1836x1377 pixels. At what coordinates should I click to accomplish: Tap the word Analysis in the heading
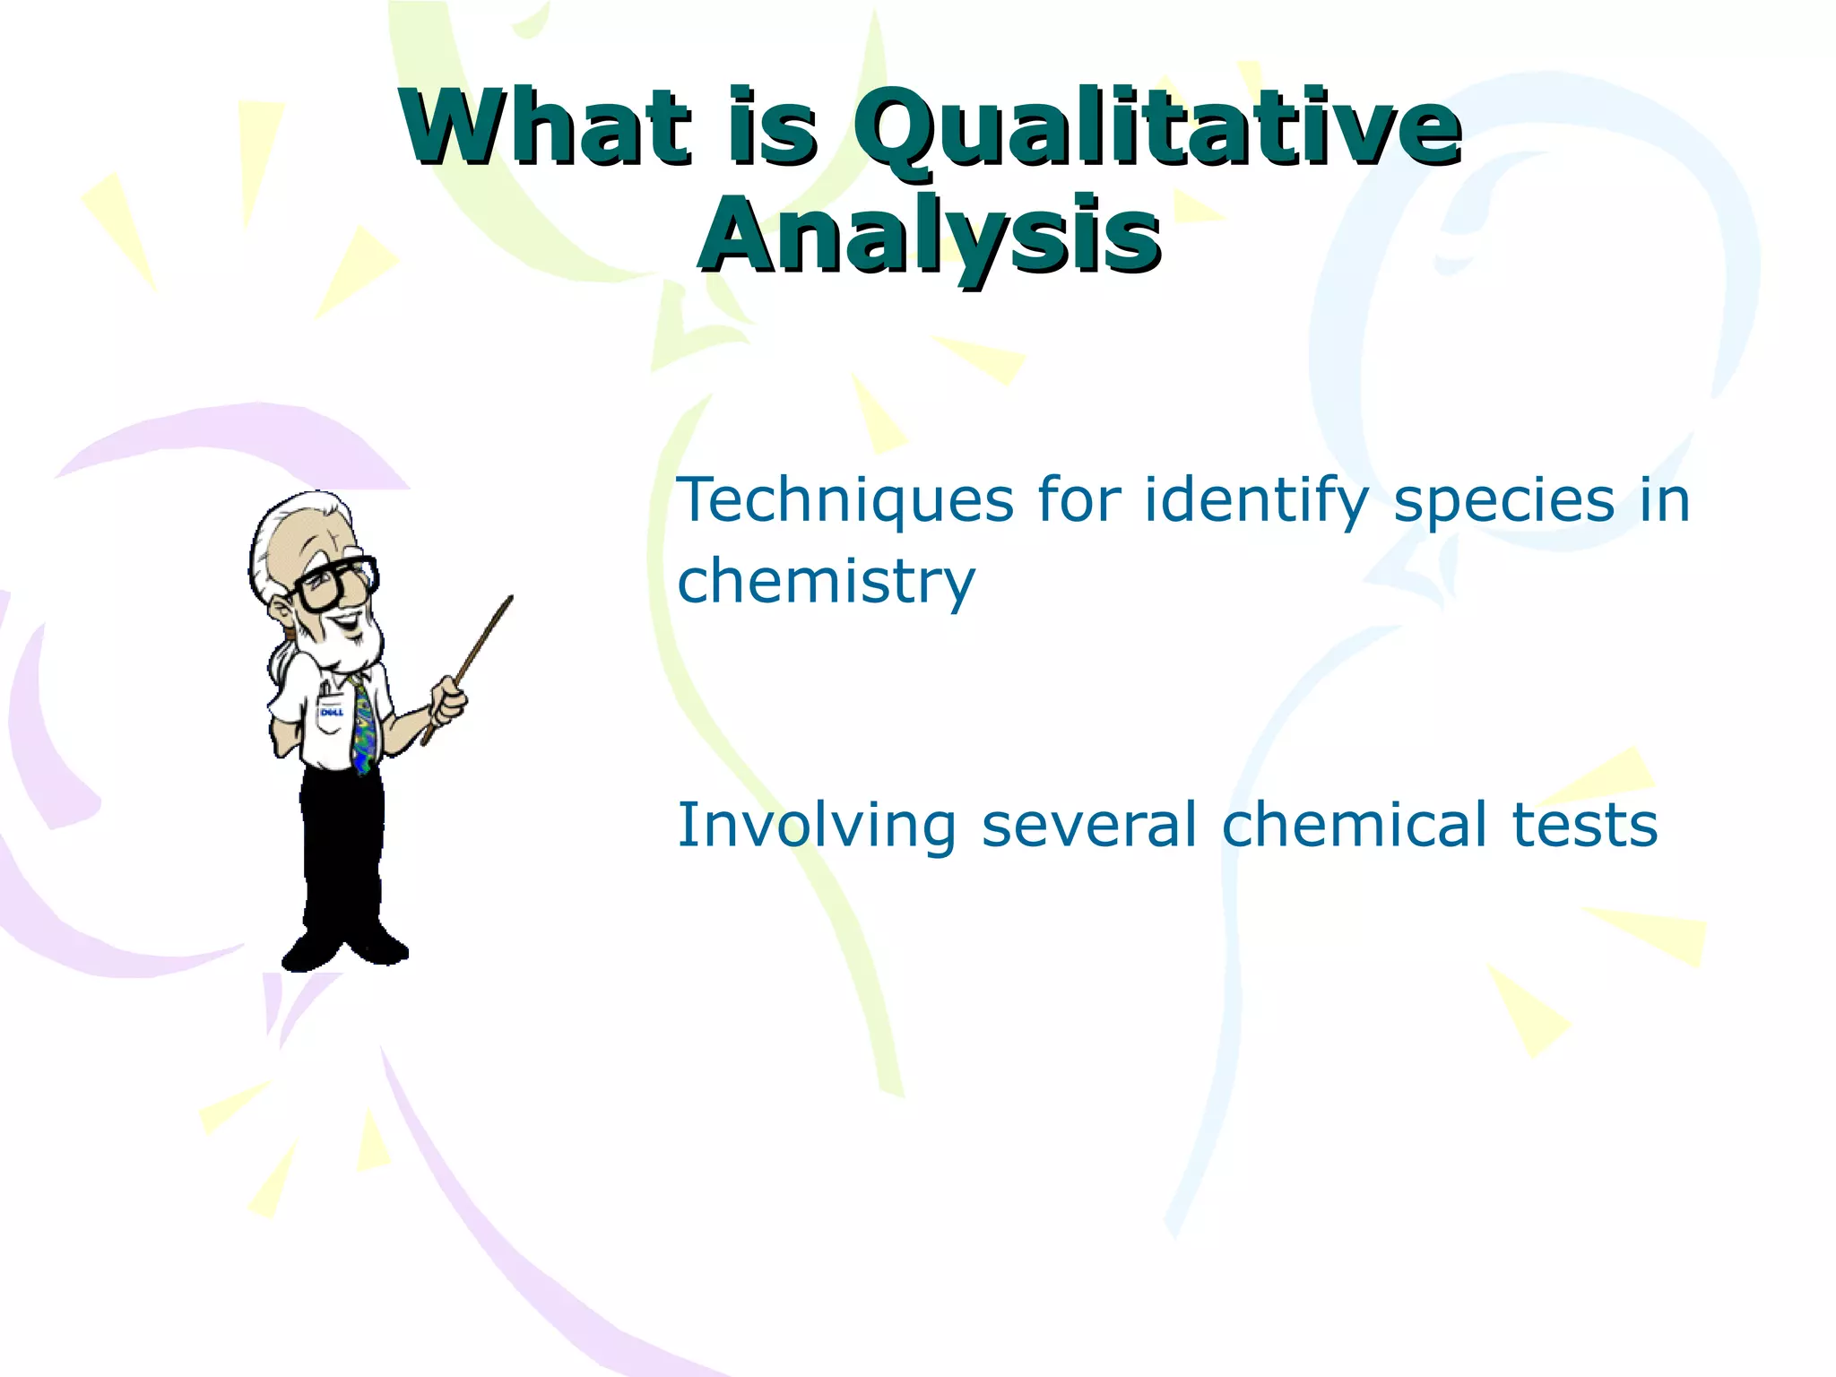tap(930, 235)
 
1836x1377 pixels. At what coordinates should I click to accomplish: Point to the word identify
tap(1256, 500)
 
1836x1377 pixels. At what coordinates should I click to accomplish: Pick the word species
tap(1503, 500)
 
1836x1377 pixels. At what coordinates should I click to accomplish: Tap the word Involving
tap(817, 826)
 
